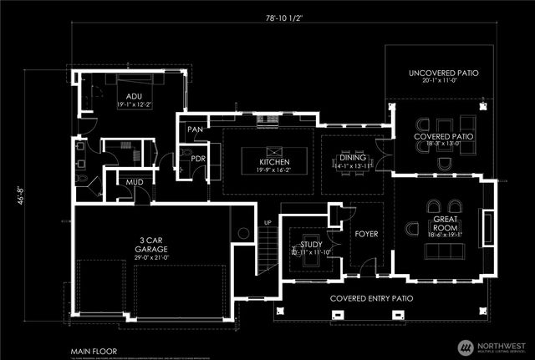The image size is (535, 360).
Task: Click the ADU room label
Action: pyautogui.click(x=123, y=97)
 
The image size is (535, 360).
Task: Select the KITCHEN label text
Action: pyautogui.click(x=273, y=161)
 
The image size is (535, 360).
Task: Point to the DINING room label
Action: pyautogui.click(x=352, y=156)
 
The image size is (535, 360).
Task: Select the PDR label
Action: pyautogui.click(x=198, y=158)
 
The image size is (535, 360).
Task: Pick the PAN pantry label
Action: pyautogui.click(x=196, y=129)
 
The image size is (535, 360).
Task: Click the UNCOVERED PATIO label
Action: pyautogui.click(x=444, y=74)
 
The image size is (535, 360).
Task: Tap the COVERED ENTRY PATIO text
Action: pyautogui.click(x=372, y=298)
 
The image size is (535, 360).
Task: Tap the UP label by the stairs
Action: pyautogui.click(x=267, y=223)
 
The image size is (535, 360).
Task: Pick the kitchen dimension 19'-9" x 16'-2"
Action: pyautogui.click(x=273, y=169)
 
